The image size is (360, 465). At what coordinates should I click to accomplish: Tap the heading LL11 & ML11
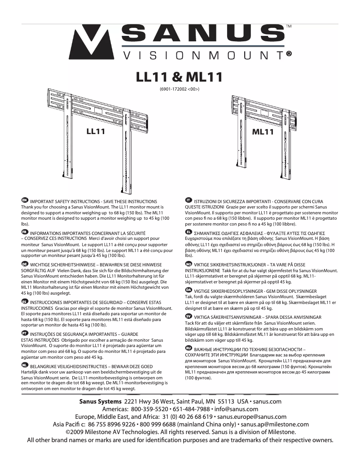point(179,77)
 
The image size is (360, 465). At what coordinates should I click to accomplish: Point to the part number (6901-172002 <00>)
point(179,89)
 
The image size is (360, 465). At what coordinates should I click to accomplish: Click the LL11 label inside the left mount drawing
point(96,131)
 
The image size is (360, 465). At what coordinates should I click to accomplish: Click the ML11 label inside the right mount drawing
point(263,132)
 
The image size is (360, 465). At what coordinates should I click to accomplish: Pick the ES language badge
point(25,301)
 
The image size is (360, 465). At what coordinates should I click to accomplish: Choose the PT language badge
point(25,333)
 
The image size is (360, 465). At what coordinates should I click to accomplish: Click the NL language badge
point(25,365)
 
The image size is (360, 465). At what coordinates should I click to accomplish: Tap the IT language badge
point(189,199)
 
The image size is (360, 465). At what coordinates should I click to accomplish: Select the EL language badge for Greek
point(189,231)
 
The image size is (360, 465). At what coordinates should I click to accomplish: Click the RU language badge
point(189,348)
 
